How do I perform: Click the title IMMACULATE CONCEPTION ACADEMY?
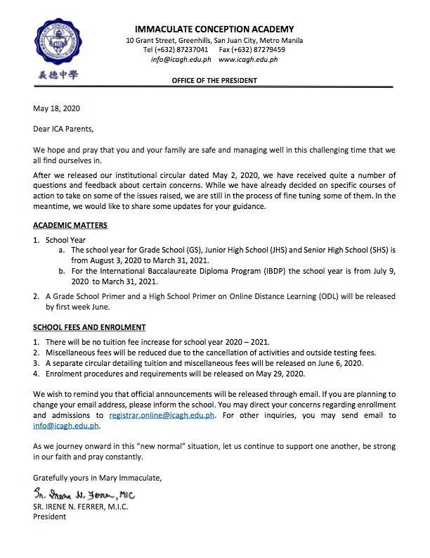(x=214, y=30)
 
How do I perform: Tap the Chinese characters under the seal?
(x=53, y=74)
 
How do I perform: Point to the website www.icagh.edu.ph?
(x=248, y=60)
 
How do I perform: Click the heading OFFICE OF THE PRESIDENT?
(x=214, y=81)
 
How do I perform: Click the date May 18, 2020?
(x=58, y=108)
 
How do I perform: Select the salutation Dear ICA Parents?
(x=63, y=129)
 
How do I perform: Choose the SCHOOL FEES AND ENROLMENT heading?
(x=89, y=328)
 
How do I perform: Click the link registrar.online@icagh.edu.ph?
(x=162, y=416)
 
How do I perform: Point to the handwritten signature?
(x=83, y=494)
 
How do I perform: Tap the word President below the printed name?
(x=50, y=516)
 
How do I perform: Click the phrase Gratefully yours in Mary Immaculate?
(x=97, y=478)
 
